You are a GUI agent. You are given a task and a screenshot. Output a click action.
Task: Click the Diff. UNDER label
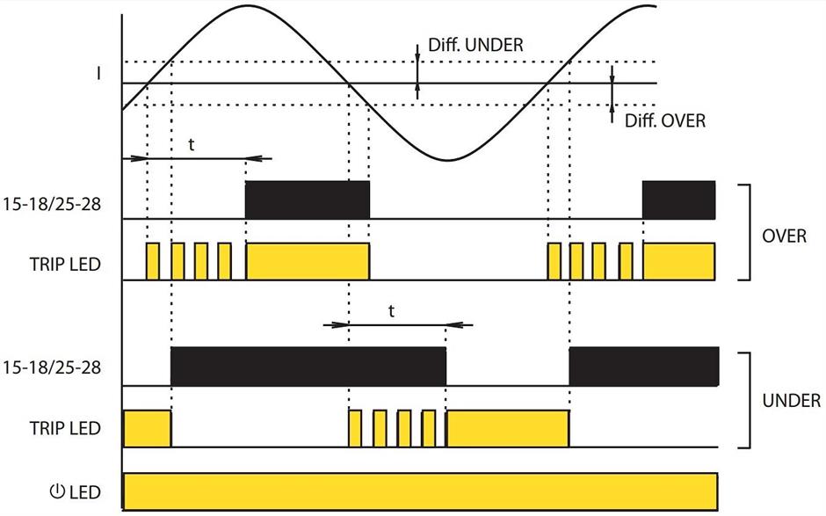[x=475, y=44]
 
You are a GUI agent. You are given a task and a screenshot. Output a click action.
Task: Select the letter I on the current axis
[x=98, y=74]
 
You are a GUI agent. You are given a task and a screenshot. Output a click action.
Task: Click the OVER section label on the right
[x=784, y=236]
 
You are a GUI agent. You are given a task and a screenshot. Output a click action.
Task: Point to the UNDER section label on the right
[x=791, y=401]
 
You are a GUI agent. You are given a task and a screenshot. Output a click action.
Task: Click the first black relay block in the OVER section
[x=308, y=200]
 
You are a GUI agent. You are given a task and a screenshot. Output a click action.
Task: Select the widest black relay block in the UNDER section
[x=308, y=367]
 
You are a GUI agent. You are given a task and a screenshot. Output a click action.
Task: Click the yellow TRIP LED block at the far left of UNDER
[x=146, y=427]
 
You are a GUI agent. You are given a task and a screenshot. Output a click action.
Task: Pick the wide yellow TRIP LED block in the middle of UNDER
[x=508, y=427]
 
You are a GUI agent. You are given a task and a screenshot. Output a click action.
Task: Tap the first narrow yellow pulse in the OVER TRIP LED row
[x=153, y=261]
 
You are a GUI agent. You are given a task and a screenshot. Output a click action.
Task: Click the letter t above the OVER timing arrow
[x=192, y=145]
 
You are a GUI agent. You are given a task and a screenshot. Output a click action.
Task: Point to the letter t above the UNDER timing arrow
[x=392, y=311]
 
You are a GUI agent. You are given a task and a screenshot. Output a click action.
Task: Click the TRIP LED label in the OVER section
[x=63, y=262]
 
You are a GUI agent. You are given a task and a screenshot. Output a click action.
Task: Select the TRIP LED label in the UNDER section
[x=63, y=428]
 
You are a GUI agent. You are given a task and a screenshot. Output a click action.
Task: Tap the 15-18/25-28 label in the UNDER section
[x=51, y=367]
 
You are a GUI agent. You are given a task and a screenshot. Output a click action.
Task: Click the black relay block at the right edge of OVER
[x=678, y=200]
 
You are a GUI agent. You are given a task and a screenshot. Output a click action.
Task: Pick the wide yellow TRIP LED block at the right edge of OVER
[x=678, y=261]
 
